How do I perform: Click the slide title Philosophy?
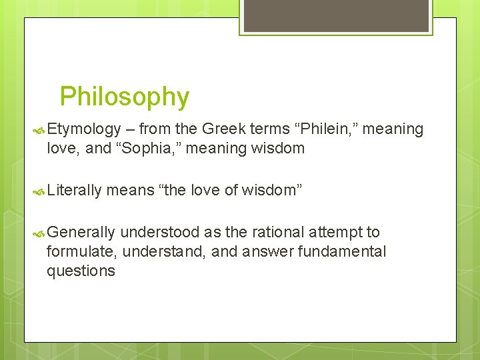(125, 97)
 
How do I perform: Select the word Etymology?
(84, 129)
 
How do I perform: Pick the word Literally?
(74, 191)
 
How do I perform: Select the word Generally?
(81, 232)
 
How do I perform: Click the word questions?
(81, 271)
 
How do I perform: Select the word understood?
(160, 232)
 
